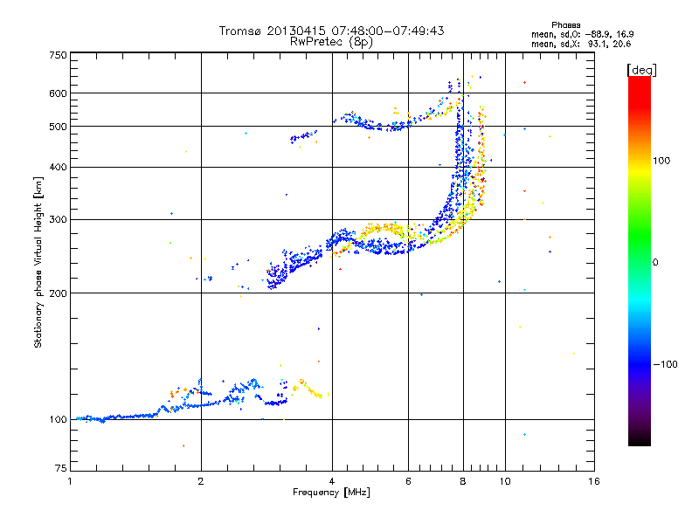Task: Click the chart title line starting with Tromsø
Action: click(331, 31)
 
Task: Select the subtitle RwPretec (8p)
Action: click(331, 41)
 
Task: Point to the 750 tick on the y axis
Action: click(58, 55)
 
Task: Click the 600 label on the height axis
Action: click(58, 93)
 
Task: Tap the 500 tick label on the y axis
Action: click(58, 126)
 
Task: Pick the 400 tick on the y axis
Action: click(58, 167)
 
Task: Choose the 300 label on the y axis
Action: click(58, 219)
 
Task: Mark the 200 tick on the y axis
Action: click(58, 293)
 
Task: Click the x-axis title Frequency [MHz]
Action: click(331, 493)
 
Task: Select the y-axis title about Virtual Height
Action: click(38, 262)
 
